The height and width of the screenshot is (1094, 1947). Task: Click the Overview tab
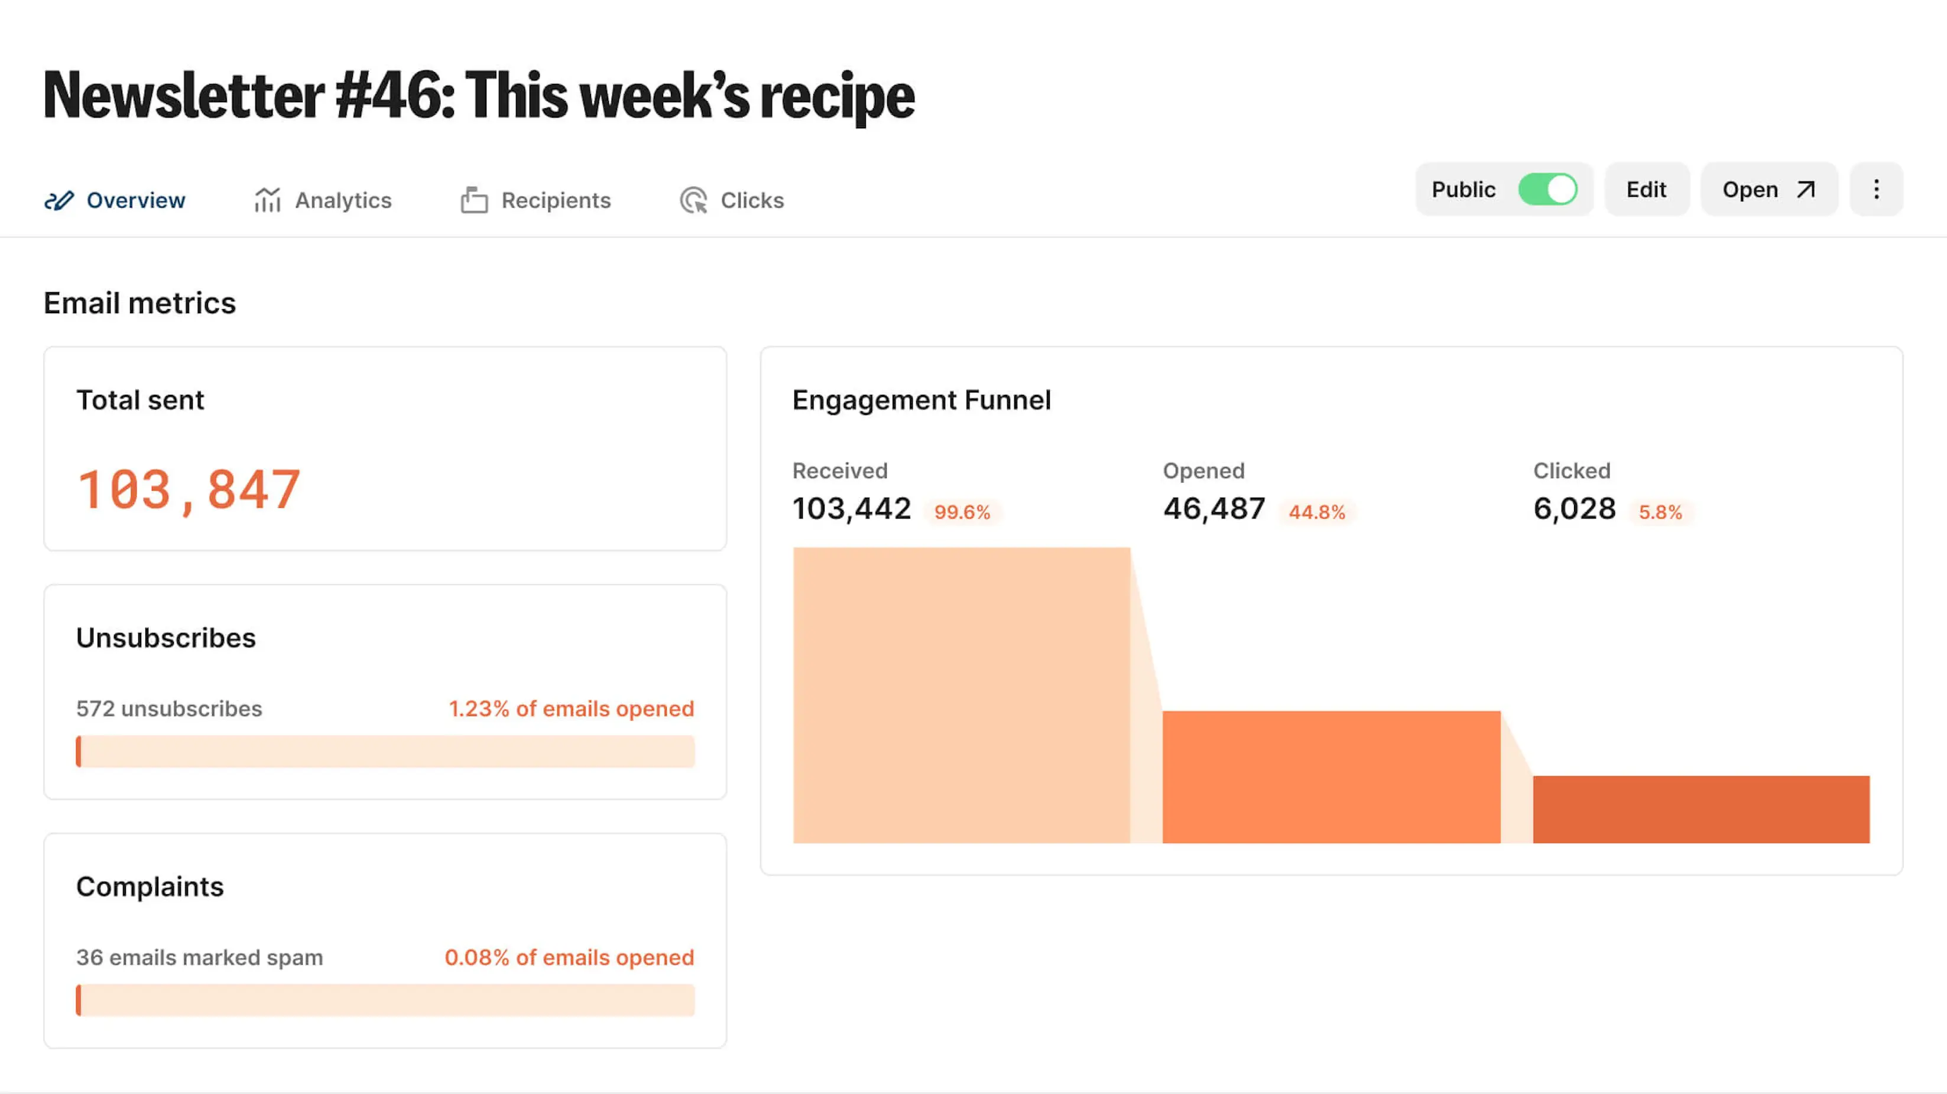[115, 200]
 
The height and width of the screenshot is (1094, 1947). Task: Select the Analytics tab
[323, 200]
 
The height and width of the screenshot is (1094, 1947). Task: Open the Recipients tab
[536, 200]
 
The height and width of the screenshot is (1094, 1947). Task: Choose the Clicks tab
[732, 200]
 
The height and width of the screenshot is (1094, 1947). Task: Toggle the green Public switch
[1547, 189]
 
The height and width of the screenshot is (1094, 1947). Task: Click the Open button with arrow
[1768, 189]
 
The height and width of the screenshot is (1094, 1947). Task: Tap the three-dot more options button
[1876, 189]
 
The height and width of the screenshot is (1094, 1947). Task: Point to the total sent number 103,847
[189, 489]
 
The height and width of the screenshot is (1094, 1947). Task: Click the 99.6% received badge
[962, 512]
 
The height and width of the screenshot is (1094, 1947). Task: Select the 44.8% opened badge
[1317, 512]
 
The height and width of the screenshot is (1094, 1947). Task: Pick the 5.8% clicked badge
[1660, 512]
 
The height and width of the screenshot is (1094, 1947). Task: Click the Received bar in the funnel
[962, 695]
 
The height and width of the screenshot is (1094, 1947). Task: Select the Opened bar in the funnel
[1331, 777]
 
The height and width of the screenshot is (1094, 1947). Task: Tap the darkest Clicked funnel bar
[1701, 809]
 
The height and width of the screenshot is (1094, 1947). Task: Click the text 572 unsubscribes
[169, 709]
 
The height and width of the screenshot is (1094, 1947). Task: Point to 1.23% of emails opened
[572, 709]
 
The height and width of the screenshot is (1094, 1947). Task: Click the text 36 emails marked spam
[200, 957]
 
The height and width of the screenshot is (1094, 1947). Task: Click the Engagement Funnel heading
[921, 400]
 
